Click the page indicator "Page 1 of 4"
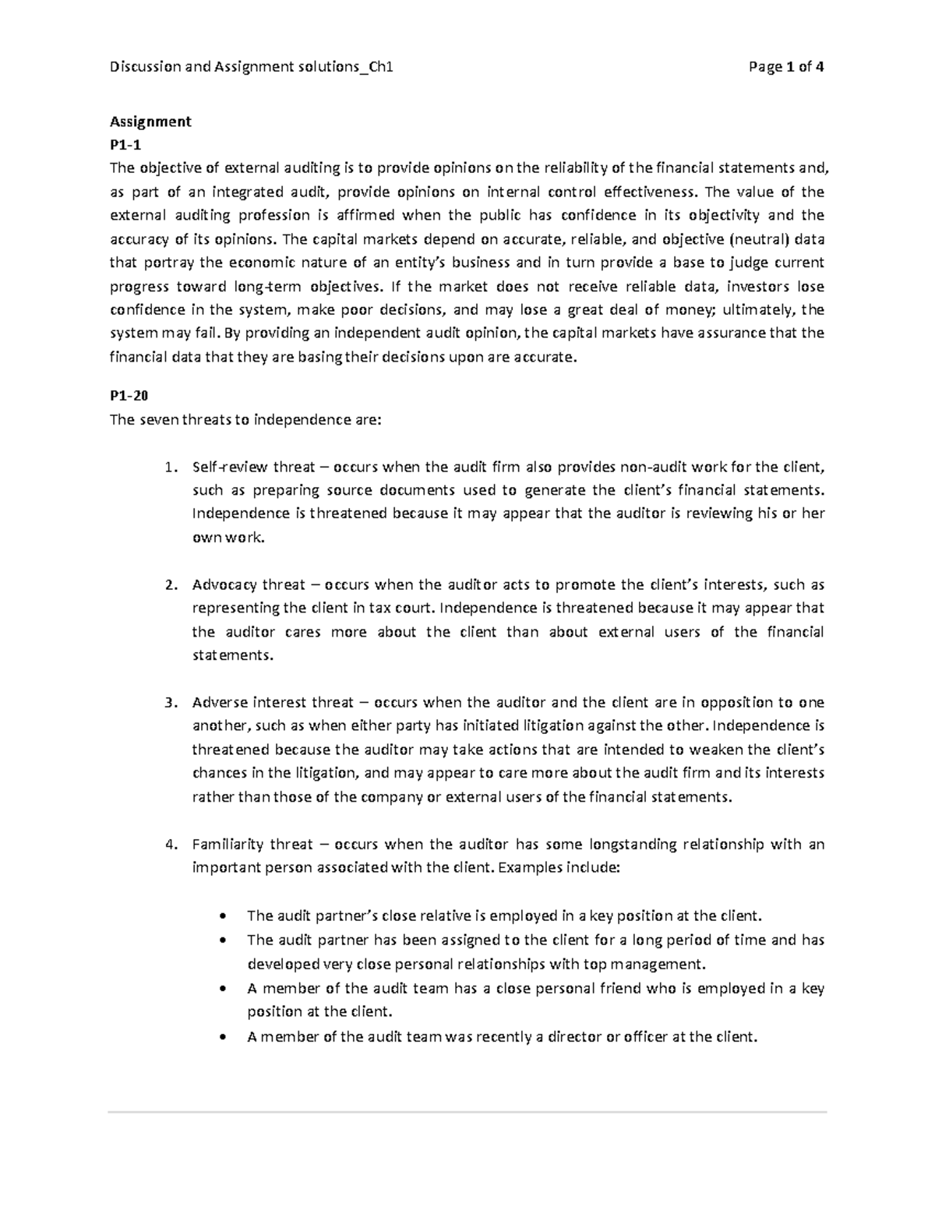(x=785, y=67)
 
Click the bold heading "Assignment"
(x=150, y=122)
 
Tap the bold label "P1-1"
(x=126, y=144)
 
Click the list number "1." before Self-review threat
(x=171, y=467)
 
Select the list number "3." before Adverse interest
(x=171, y=703)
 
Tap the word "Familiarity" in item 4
(x=228, y=845)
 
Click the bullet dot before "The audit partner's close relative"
(x=225, y=916)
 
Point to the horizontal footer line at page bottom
(x=467, y=1112)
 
